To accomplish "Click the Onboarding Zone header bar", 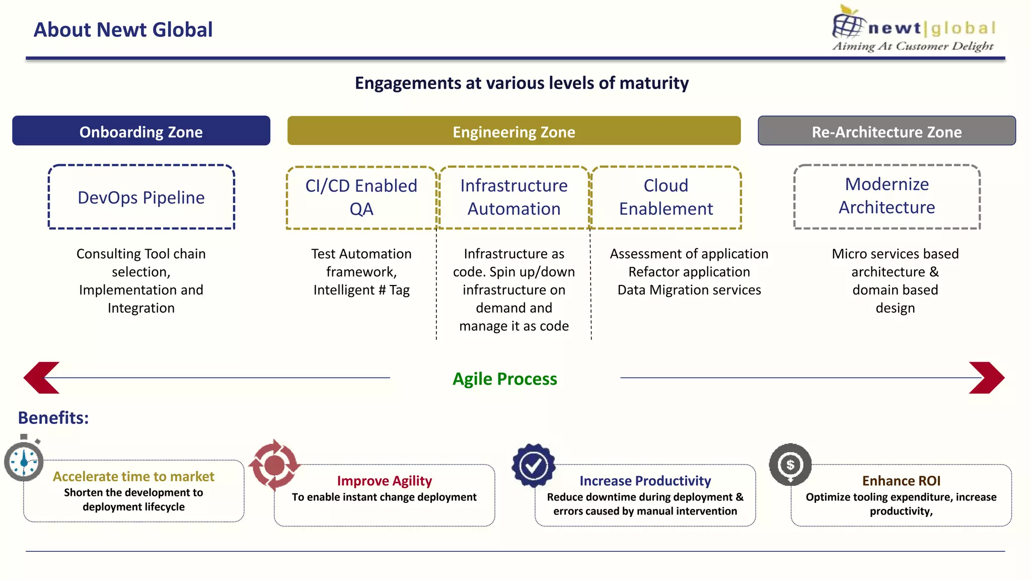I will pyautogui.click(x=141, y=131).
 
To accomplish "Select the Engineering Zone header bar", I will pyautogui.click(x=513, y=131).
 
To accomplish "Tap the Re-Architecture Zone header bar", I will pyautogui.click(x=887, y=131).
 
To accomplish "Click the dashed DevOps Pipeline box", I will pyautogui.click(x=141, y=197).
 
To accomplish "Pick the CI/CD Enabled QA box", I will pyautogui.click(x=361, y=197).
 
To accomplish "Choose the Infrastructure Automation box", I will pyautogui.click(x=513, y=197).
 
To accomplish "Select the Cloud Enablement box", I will pyautogui.click(x=666, y=197).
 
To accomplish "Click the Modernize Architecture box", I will pyautogui.click(x=887, y=196).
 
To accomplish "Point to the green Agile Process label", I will pyautogui.click(x=504, y=379).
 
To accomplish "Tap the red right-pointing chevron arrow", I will pyautogui.click(x=987, y=378).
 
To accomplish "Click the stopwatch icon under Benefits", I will pyautogui.click(x=24, y=460).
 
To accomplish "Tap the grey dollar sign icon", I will pyautogui.click(x=790, y=464).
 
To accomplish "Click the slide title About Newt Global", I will pyautogui.click(x=123, y=30).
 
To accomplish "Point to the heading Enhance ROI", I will pyautogui.click(x=901, y=481).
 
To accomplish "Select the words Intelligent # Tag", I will pyautogui.click(x=361, y=290).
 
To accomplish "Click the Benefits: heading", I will pyautogui.click(x=53, y=418).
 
